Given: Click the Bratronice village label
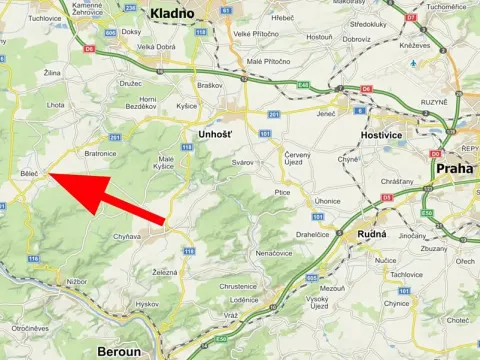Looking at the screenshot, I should coord(101,154).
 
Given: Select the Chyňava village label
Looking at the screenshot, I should coord(127,236).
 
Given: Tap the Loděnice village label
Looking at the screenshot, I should coord(244,300).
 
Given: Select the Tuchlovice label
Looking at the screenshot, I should coord(45,18).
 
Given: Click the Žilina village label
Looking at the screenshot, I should coord(52,73).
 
